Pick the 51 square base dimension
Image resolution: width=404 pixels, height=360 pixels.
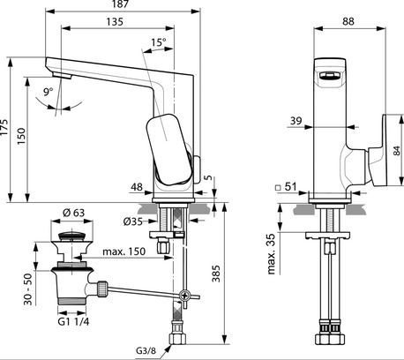(x=290, y=187)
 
